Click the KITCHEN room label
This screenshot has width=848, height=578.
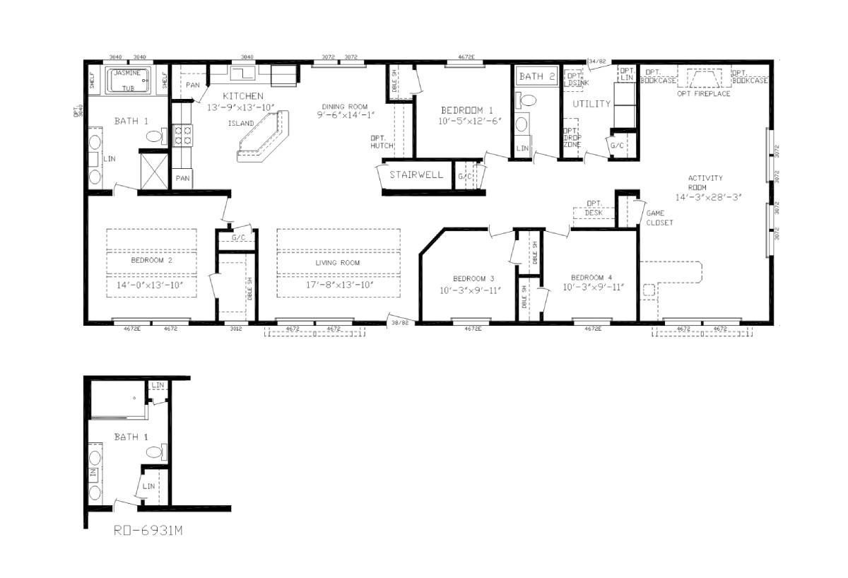coord(243,96)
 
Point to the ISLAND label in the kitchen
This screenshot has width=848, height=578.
coord(241,123)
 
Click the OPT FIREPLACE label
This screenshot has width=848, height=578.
coord(703,93)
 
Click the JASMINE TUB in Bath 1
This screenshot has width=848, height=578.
coord(128,80)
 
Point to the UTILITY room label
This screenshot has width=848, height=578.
coord(591,104)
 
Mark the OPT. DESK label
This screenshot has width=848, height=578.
coord(594,208)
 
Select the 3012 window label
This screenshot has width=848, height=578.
coord(235,329)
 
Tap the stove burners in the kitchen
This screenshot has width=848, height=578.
coord(183,134)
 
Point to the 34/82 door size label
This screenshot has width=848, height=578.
coord(596,61)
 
